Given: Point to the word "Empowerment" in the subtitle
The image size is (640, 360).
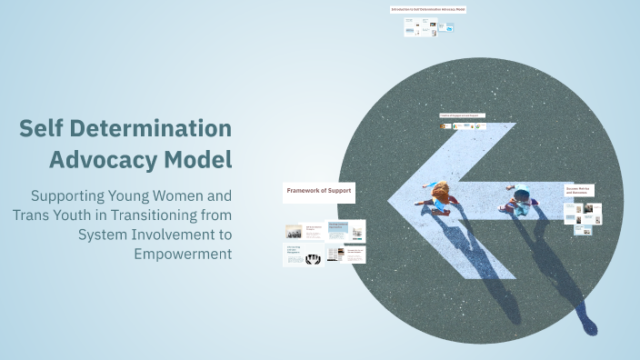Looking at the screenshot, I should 183,253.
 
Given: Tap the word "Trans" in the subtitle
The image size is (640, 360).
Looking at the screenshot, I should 33,215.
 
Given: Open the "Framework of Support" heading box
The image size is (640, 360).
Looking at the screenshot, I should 317,191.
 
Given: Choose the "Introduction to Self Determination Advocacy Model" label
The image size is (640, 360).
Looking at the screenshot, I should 427,9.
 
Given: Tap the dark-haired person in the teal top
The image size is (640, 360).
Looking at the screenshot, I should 521,197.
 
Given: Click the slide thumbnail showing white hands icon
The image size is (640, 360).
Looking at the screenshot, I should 312,258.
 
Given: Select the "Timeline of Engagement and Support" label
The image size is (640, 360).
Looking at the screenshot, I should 462,115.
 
